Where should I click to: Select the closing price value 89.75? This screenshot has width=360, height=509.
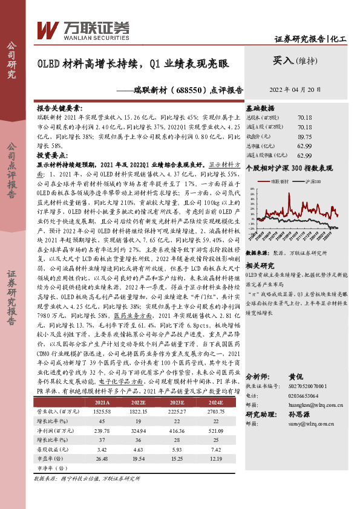[x=304, y=137]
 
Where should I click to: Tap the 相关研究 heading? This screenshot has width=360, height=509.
[x=260, y=265]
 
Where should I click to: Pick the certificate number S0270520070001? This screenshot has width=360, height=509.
[x=305, y=385]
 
